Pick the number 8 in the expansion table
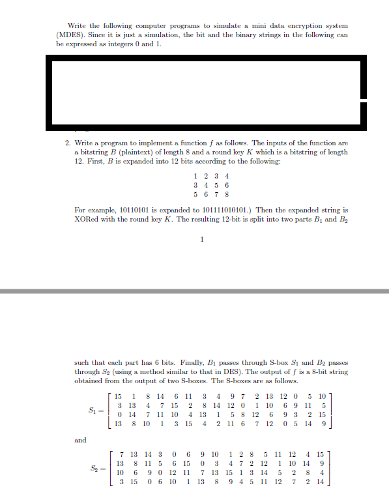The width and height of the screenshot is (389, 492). click(x=225, y=194)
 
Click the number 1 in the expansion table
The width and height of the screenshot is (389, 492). click(x=196, y=175)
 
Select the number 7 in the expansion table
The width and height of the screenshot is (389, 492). click(x=216, y=194)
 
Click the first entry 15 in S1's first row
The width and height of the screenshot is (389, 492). click(x=118, y=398)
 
